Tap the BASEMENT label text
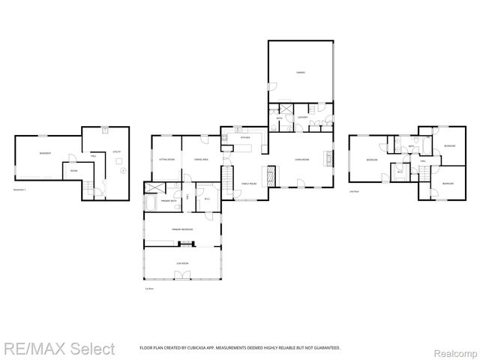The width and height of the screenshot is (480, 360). click(45, 154)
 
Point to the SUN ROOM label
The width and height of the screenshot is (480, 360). click(181, 263)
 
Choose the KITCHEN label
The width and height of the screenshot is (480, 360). click(244, 138)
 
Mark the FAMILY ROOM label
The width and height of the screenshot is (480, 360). click(248, 184)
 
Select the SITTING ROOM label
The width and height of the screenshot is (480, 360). click(166, 160)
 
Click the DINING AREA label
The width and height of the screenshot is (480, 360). click(201, 160)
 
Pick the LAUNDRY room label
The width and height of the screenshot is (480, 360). click(302, 118)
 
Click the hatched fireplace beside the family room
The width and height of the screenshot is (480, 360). click(273, 175)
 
